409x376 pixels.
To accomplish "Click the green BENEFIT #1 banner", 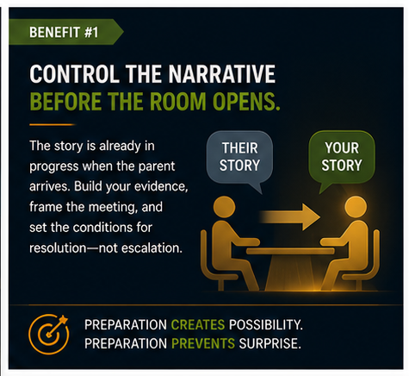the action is (x=65, y=32).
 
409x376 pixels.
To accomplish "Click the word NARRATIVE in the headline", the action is (x=221, y=74).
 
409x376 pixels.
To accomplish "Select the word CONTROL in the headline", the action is (x=75, y=74).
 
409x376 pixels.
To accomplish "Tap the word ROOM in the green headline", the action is (x=178, y=102).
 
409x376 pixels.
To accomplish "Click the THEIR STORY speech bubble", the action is (x=239, y=160).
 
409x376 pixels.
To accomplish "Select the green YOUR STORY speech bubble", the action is (x=342, y=160).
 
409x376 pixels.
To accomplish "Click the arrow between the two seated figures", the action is (x=290, y=217).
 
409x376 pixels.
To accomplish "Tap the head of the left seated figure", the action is (x=225, y=207).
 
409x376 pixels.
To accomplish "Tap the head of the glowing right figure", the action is (x=356, y=207).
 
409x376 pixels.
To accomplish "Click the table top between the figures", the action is (x=290, y=251).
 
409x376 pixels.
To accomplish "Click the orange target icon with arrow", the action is (x=49, y=334).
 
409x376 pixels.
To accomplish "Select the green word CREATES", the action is (x=198, y=324).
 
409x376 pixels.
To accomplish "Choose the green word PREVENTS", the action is (x=203, y=343).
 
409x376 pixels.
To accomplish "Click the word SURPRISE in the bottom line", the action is (x=270, y=343).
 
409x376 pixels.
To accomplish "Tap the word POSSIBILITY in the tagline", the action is (x=266, y=324).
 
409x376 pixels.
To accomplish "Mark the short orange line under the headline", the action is (x=53, y=125).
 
